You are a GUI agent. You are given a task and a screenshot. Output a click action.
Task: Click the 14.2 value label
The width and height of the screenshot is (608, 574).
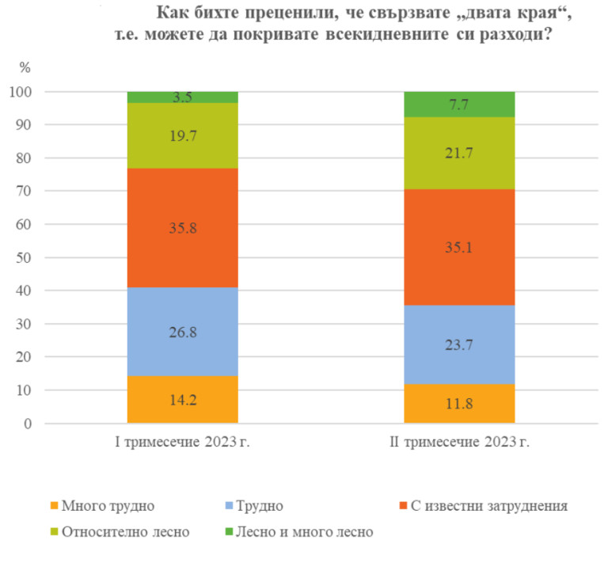(183, 399)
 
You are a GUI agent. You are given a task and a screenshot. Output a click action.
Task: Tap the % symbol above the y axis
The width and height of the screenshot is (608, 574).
(25, 67)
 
